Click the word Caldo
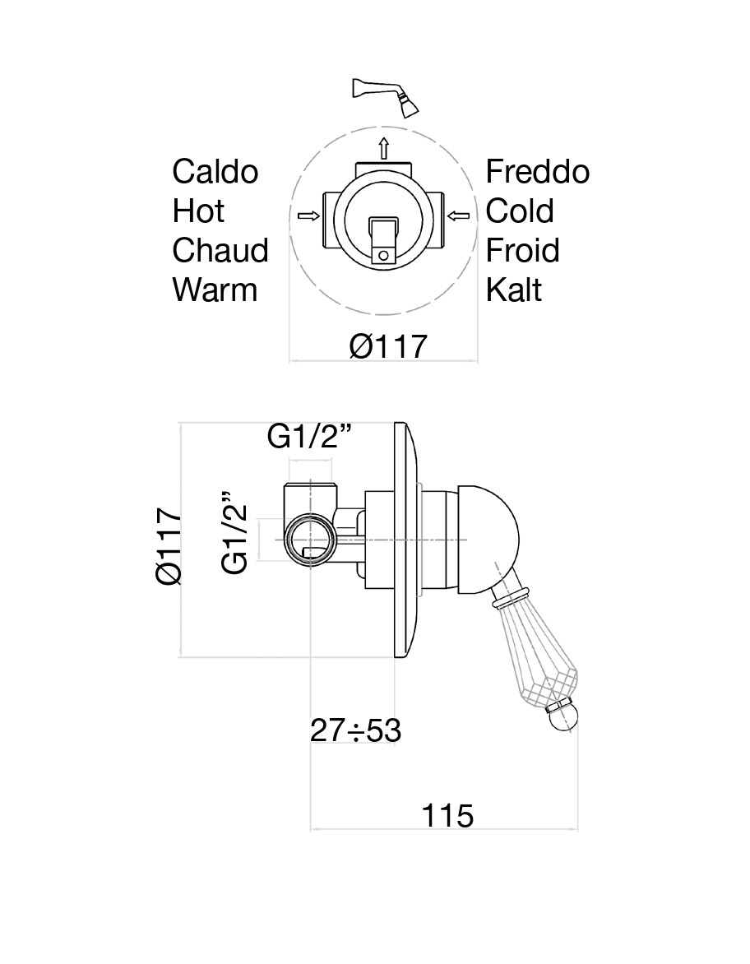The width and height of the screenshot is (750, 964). (x=215, y=172)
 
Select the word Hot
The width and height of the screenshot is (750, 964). (x=198, y=211)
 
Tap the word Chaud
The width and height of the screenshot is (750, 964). (x=220, y=250)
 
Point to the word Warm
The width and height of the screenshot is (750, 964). (x=215, y=290)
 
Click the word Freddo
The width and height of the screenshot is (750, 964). (x=538, y=172)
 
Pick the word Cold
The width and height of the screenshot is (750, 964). (x=520, y=211)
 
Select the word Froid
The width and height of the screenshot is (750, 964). (x=522, y=250)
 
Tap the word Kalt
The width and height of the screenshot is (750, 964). (x=514, y=290)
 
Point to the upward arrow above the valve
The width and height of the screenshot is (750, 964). (x=383, y=149)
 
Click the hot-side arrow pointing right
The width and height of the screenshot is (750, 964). (x=308, y=216)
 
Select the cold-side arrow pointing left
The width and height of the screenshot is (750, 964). (x=459, y=216)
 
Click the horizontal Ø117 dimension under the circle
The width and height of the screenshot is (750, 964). (x=388, y=346)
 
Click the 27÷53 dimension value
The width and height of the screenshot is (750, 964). (x=355, y=730)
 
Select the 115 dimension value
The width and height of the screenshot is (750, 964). (x=448, y=816)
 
